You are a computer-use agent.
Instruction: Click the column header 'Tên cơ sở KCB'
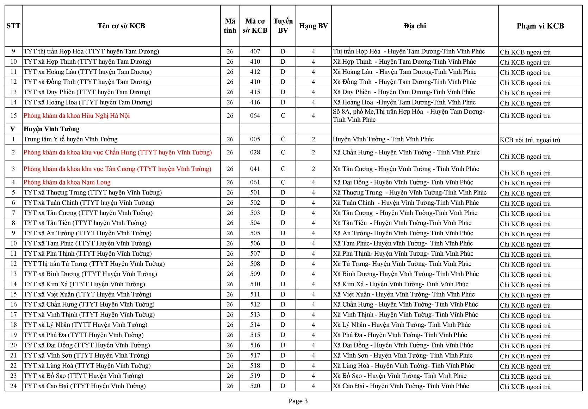(x=121, y=26)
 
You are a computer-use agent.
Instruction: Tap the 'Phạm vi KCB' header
(x=540, y=26)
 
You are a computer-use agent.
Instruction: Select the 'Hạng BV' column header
(x=313, y=26)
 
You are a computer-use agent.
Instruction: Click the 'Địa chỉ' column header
(x=415, y=26)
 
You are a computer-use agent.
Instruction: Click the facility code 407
(x=255, y=51)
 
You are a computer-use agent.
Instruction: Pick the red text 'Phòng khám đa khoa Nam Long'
(x=67, y=182)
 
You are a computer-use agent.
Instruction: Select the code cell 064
(x=255, y=115)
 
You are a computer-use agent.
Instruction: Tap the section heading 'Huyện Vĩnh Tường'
(x=51, y=129)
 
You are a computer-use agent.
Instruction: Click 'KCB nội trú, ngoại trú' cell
(x=530, y=140)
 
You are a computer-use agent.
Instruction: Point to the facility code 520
(x=255, y=386)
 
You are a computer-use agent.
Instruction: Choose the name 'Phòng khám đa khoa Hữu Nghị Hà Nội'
(x=76, y=115)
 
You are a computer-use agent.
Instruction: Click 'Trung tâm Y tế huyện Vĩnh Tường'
(x=70, y=139)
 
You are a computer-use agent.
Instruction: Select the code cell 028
(x=255, y=152)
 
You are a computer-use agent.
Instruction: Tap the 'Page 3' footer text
(x=298, y=401)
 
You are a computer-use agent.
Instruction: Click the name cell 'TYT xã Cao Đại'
(x=85, y=386)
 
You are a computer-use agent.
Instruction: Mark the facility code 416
(x=255, y=102)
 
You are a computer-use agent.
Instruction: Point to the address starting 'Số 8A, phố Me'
(x=409, y=115)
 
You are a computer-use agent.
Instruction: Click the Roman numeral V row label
(x=13, y=129)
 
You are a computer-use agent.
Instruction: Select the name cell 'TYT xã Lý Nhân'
(x=86, y=325)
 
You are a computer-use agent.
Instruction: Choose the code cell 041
(x=255, y=169)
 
